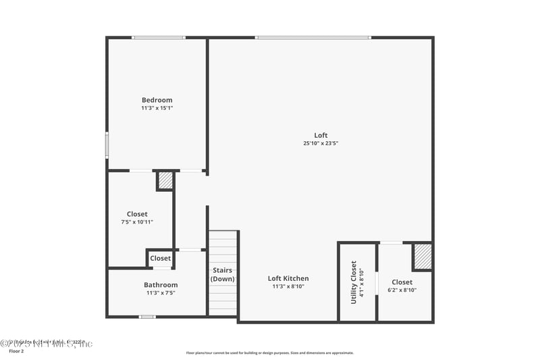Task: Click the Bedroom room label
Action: click(157, 100)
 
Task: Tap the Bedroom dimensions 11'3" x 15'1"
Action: click(157, 108)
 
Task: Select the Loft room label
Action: click(321, 135)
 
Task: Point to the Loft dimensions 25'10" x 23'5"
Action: click(321, 143)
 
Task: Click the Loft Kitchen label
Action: click(288, 278)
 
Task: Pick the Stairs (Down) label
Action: click(223, 275)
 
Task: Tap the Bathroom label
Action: click(161, 285)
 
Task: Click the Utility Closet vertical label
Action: click(354, 282)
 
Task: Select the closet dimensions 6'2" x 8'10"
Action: click(402, 290)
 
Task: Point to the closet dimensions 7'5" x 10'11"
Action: click(137, 222)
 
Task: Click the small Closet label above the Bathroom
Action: click(161, 258)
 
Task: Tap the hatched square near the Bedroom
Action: click(165, 181)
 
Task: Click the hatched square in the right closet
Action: click(422, 256)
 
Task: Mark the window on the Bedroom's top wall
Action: click(159, 38)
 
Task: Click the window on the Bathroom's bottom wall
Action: click(147, 316)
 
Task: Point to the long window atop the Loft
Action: click(313, 38)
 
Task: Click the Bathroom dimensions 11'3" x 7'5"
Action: click(161, 293)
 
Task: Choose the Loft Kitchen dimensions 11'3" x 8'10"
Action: click(288, 286)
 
